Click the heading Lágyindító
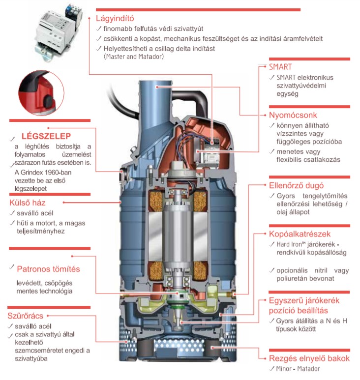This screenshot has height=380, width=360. (x=115, y=19)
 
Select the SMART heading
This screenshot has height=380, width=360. (x=280, y=66)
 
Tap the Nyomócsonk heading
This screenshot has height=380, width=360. (x=293, y=115)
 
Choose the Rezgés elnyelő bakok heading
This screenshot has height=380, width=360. (x=309, y=358)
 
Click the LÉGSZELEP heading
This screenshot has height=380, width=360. (x=47, y=136)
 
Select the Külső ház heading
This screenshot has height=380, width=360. (x=28, y=203)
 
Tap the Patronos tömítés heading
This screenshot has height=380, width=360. (x=48, y=269)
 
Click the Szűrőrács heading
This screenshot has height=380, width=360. (x=26, y=315)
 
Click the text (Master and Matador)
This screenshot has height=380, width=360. (x=133, y=57)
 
